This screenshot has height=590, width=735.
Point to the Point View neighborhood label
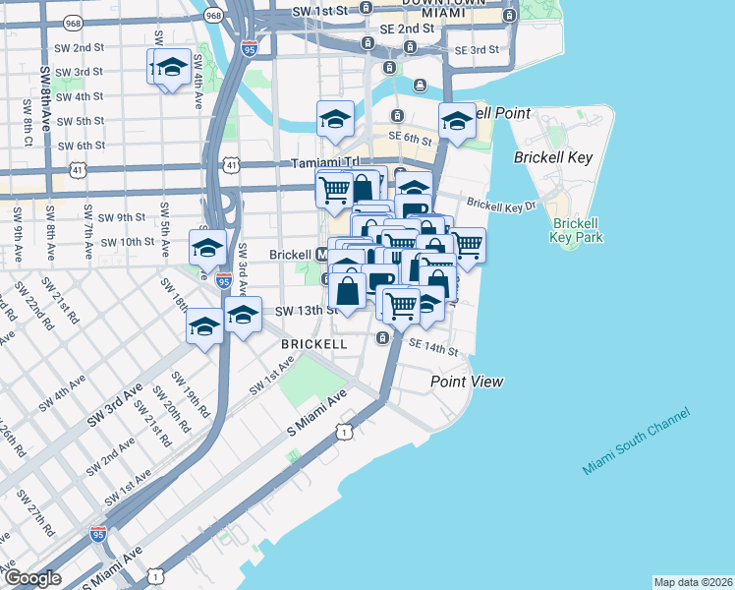467,381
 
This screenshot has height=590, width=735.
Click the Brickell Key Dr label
502,205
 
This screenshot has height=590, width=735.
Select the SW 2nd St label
82,47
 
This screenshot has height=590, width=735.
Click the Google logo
32,578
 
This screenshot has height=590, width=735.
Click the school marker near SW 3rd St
170,68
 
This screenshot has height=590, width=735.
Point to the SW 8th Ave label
45,99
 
